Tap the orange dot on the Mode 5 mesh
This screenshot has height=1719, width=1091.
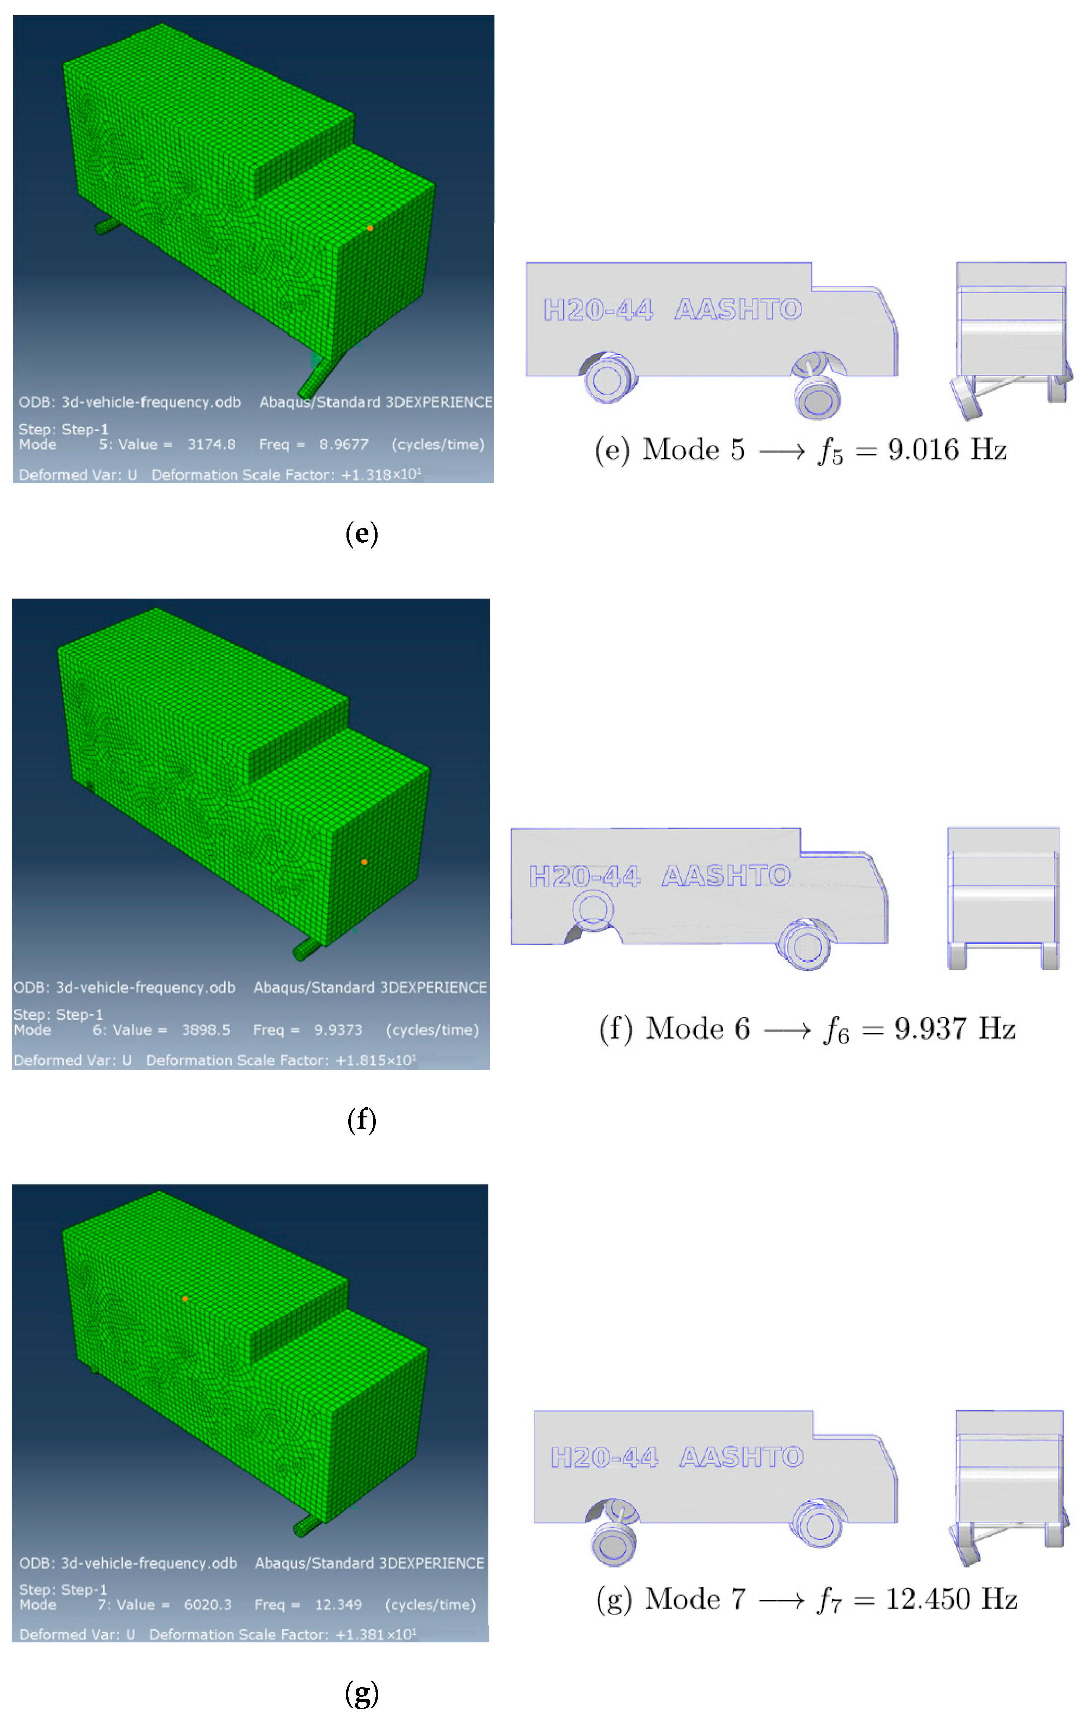click(370, 228)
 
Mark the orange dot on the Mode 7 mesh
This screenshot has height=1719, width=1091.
click(185, 1299)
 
